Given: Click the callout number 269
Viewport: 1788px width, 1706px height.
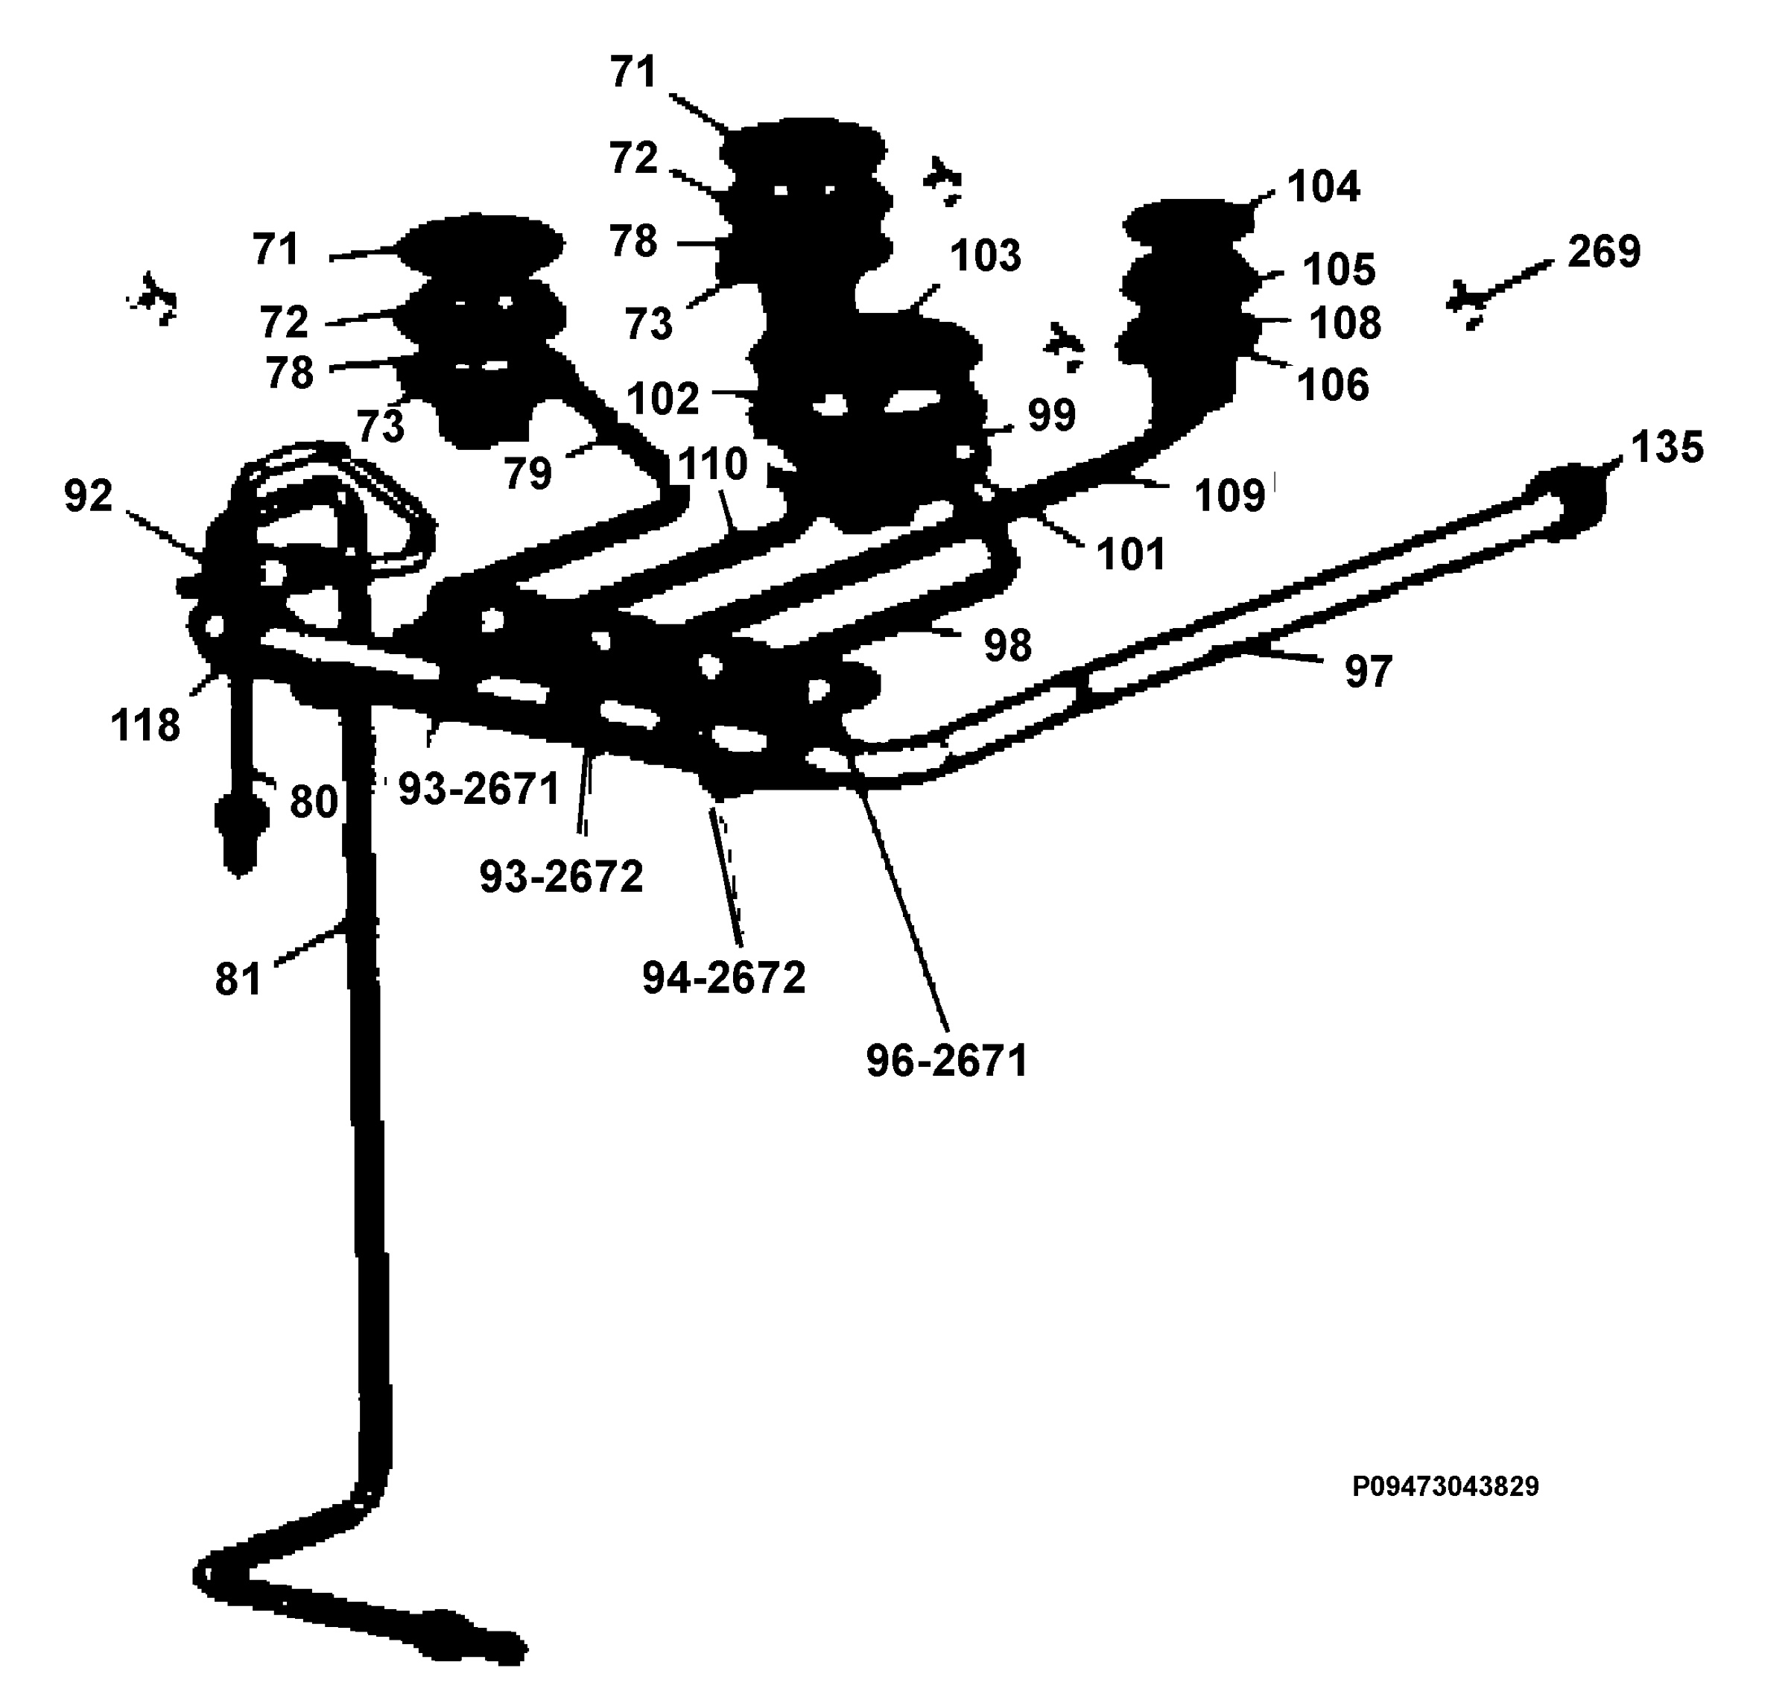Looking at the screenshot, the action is coord(1604,252).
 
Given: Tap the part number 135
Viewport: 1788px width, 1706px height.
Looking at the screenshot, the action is coord(1667,448).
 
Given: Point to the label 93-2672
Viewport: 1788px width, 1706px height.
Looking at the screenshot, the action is coord(561,877).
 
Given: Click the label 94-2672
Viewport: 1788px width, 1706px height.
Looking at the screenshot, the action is coord(724,978).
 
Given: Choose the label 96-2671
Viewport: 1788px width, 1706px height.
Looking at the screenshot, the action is coord(947,1060).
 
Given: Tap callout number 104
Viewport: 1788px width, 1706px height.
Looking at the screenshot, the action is coord(1324,186).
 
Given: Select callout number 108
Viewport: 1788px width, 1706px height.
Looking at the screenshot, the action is coord(1345,323).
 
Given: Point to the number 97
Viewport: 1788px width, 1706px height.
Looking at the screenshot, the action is coord(1368,672).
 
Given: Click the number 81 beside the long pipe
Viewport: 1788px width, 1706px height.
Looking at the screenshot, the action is coord(238,980).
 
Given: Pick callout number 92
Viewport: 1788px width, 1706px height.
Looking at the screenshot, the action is coord(88,495).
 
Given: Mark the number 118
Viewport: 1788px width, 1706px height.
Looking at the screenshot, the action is coord(145,726).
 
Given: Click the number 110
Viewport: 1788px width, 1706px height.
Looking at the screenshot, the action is coord(713,465).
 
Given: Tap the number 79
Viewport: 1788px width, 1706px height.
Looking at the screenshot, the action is coord(528,474).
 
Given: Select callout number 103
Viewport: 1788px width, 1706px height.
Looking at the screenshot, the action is coord(986,256).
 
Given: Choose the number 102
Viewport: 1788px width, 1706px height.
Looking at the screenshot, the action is coord(663,399).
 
